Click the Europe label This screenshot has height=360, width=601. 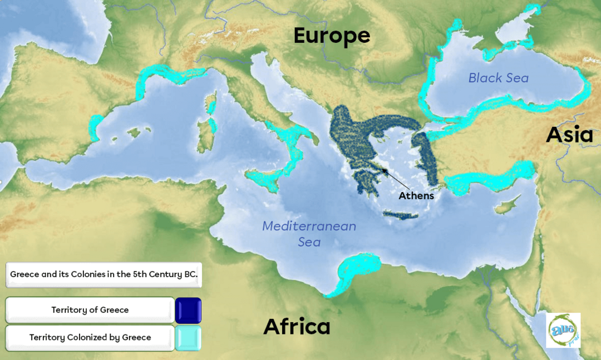tap(332, 36)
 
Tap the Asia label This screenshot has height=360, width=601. tap(569, 135)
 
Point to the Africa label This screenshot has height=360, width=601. tap(297, 327)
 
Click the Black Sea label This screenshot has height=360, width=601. tap(498, 78)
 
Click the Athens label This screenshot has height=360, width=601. tap(416, 196)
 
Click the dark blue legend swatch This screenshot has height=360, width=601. tap(188, 310)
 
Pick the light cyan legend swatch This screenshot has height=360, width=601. tap(188, 338)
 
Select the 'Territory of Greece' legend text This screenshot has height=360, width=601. tap(90, 310)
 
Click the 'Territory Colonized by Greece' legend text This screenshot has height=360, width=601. tap(90, 337)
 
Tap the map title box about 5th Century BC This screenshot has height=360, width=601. tap(104, 274)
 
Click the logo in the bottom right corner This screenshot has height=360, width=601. tap(563, 331)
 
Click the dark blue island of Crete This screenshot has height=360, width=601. tap(401, 215)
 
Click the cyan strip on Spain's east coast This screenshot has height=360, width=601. tap(96, 127)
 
